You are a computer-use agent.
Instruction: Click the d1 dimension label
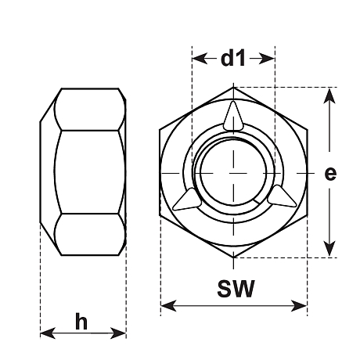[233, 58]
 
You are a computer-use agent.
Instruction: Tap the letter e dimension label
[330, 173]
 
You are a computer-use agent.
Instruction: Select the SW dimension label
[236, 289]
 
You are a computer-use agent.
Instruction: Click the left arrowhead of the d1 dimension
[200, 59]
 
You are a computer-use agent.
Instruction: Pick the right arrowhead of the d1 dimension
[267, 59]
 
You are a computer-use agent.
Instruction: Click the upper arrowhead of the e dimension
[329, 96]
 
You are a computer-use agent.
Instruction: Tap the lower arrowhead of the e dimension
[329, 249]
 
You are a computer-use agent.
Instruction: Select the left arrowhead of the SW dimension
[169, 306]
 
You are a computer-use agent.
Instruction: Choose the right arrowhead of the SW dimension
[299, 306]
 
